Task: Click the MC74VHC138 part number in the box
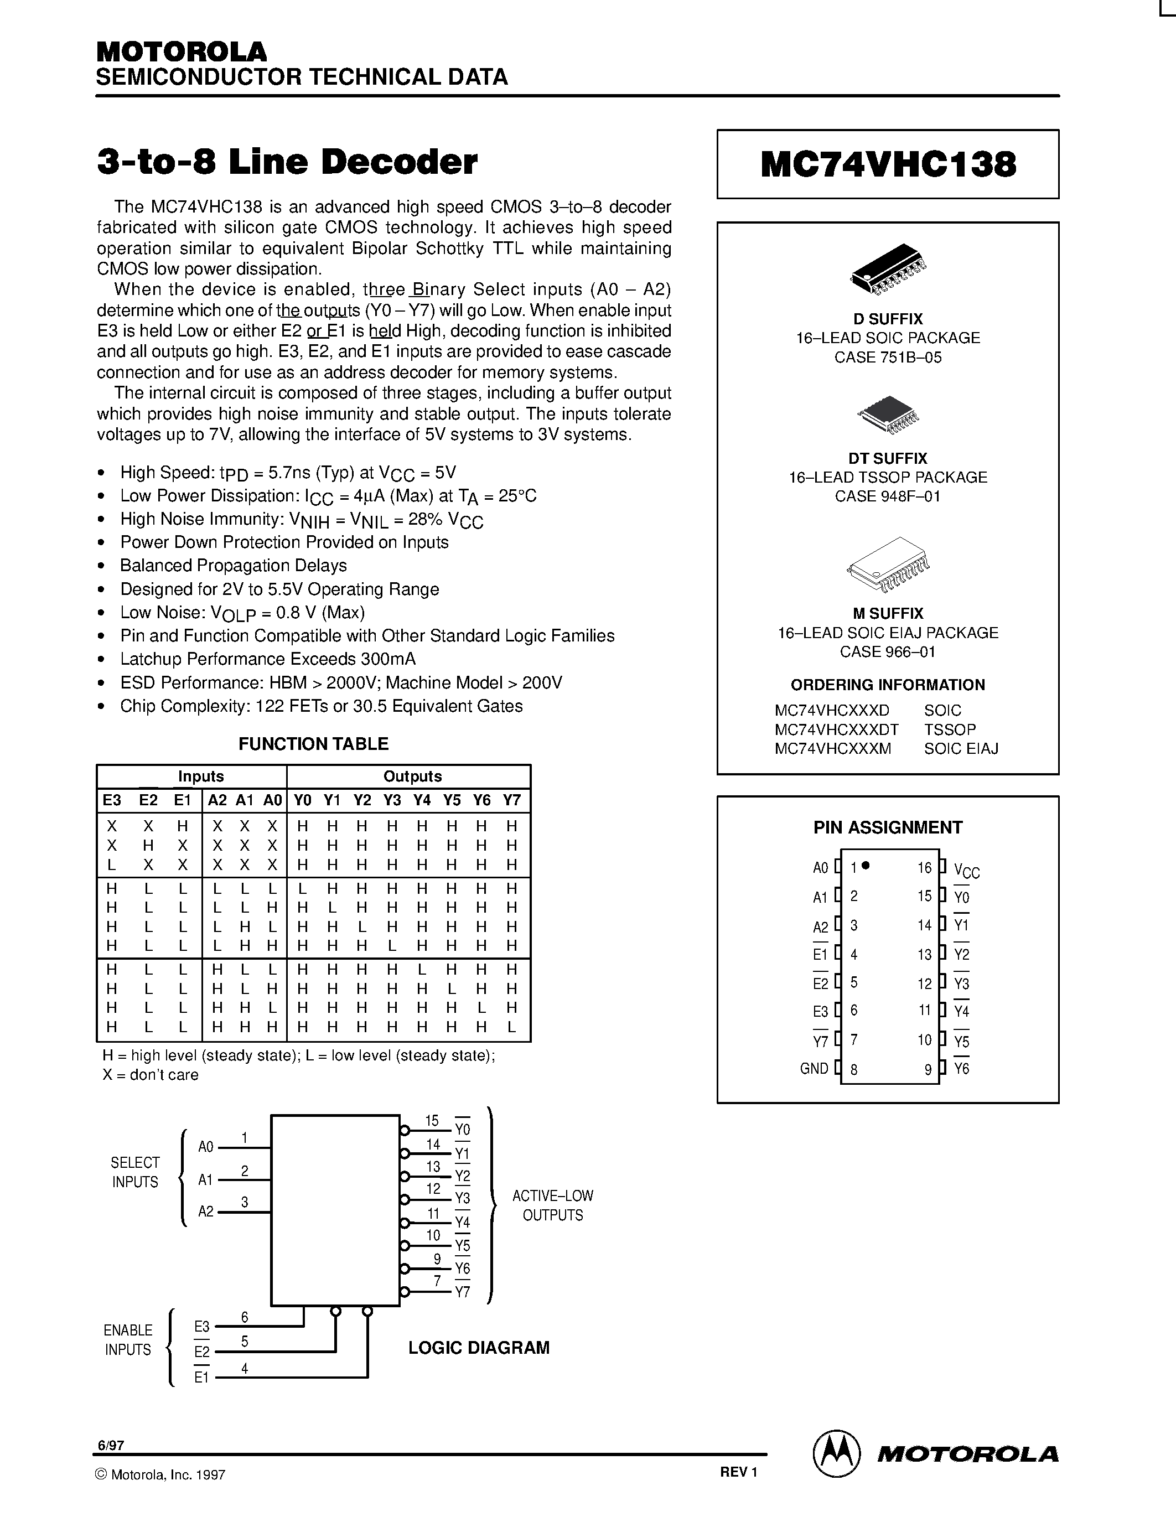coord(888,165)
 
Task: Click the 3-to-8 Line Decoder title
coord(287,162)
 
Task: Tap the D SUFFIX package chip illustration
coord(888,270)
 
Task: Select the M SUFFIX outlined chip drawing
coord(888,564)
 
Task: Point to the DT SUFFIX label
coord(888,459)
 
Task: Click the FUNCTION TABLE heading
coord(313,744)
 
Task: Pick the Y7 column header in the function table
coord(511,801)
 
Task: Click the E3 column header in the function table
coord(111,801)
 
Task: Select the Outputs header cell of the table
coord(412,776)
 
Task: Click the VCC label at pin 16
coord(966,871)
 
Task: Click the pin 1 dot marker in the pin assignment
coord(866,866)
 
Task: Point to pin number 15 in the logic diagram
coord(432,1121)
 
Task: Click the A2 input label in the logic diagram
coord(205,1211)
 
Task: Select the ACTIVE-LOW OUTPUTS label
coord(552,1205)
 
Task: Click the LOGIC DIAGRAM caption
coord(479,1347)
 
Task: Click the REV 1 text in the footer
coord(738,1472)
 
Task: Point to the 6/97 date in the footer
coord(111,1445)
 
